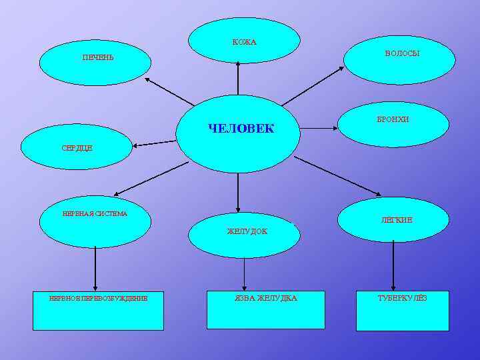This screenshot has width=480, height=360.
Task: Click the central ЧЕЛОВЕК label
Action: (241, 128)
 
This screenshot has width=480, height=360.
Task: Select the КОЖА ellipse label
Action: (244, 43)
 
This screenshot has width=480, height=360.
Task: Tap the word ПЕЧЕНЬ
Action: (98, 57)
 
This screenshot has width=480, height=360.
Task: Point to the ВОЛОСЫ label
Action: (402, 53)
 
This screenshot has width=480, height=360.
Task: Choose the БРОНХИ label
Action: (393, 119)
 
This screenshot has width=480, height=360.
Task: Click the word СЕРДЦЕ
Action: (77, 147)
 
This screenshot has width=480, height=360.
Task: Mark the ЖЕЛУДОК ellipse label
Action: (247, 231)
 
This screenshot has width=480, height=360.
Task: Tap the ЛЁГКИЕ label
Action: (397, 220)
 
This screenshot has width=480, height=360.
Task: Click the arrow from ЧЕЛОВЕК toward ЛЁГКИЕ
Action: (337, 177)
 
